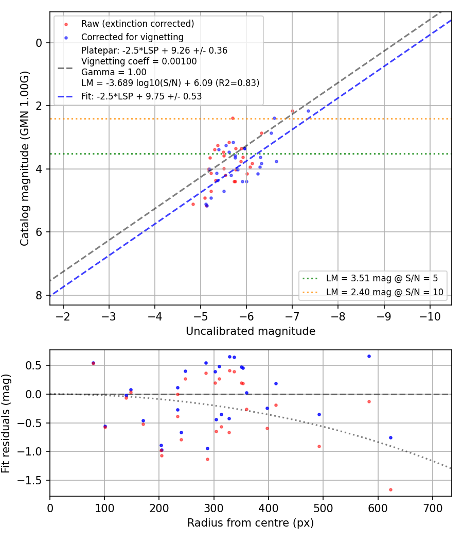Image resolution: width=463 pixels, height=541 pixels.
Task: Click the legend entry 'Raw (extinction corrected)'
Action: click(137, 24)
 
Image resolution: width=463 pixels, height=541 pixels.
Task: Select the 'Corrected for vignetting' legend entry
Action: click(132, 37)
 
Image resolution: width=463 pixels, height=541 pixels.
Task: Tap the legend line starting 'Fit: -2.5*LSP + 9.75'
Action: click(141, 96)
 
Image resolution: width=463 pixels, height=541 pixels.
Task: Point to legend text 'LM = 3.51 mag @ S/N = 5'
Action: click(382, 278)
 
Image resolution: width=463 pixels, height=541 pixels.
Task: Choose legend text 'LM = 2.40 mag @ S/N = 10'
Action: click(385, 292)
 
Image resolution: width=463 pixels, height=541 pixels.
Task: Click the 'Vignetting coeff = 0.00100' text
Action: click(139, 61)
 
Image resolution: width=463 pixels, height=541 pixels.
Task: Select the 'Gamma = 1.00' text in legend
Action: click(114, 72)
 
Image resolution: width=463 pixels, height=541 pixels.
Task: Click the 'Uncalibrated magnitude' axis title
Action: click(251, 331)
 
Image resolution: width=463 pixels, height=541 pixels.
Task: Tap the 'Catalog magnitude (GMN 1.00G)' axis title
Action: click(25, 159)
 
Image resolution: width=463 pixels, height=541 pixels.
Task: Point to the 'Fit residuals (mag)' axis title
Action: click(6, 424)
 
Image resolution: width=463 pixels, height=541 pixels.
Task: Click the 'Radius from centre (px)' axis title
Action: click(251, 523)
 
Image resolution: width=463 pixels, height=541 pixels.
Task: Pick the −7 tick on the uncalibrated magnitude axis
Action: click(292, 316)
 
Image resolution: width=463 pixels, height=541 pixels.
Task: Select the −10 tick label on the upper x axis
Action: click(430, 316)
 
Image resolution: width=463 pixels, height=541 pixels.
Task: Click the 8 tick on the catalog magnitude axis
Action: click(39, 296)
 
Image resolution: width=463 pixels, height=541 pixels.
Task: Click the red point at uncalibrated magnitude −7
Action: click(293, 111)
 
